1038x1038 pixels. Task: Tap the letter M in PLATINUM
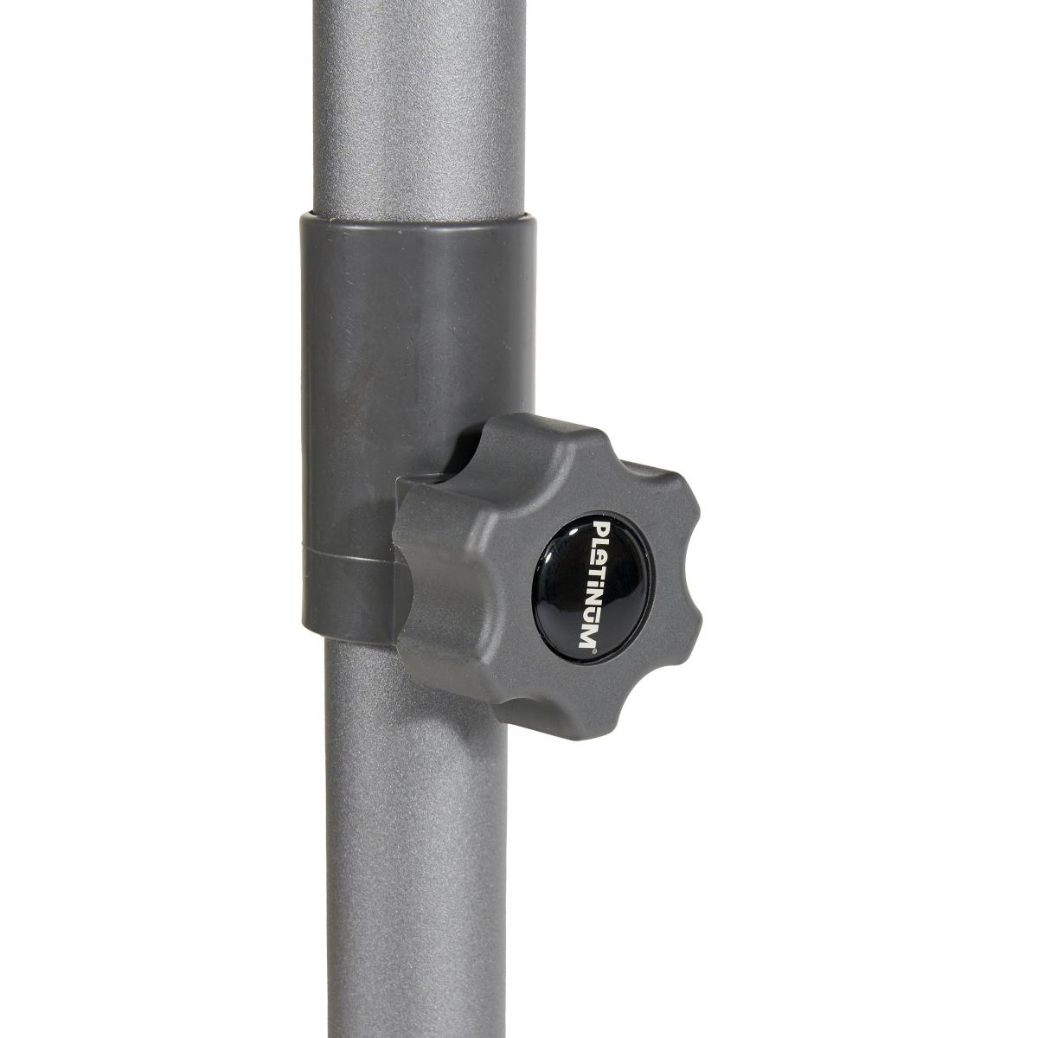(588, 633)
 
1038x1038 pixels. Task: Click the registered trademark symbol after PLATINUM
(594, 650)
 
